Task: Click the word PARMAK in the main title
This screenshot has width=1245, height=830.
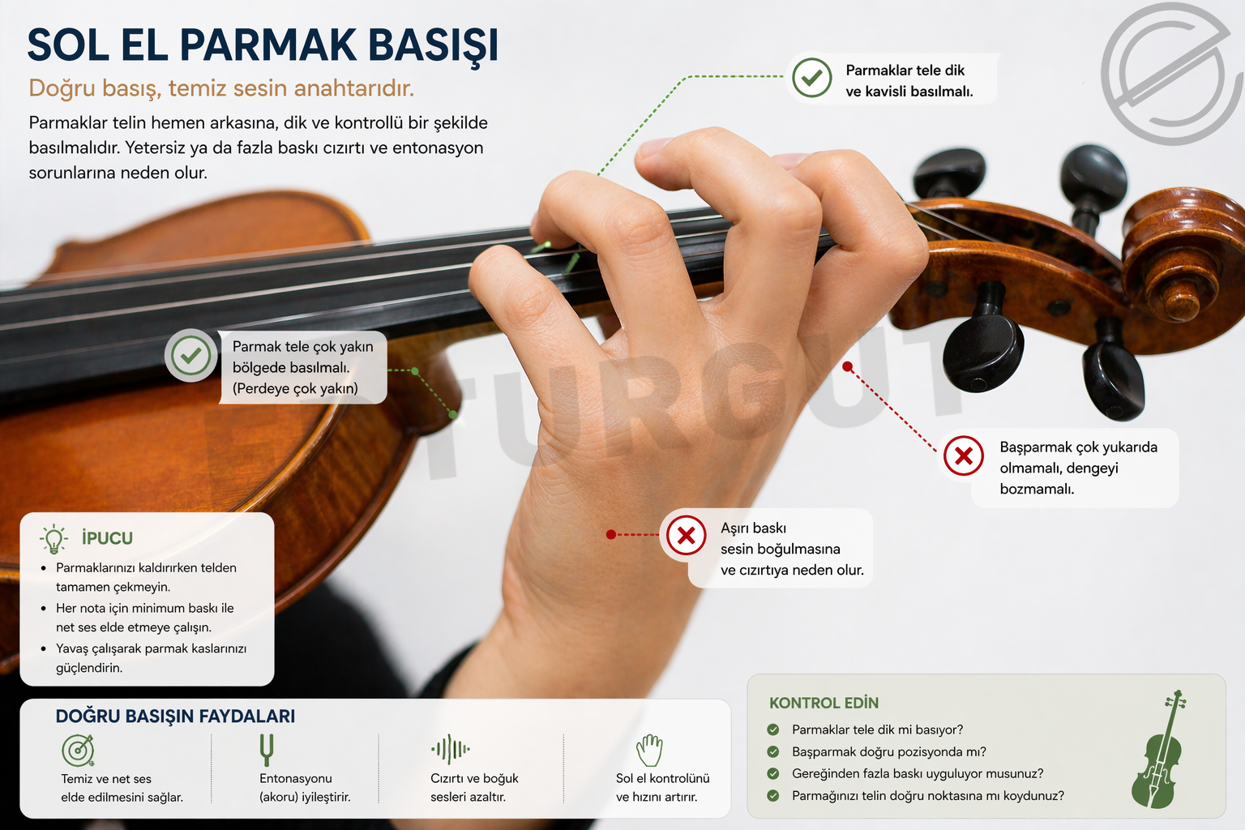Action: tap(268, 45)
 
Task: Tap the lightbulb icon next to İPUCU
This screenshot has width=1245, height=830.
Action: tap(53, 539)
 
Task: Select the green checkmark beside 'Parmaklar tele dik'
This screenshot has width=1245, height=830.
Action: tap(811, 78)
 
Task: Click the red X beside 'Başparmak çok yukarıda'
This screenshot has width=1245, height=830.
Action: tap(963, 456)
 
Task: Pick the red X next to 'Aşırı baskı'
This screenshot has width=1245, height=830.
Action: tap(686, 535)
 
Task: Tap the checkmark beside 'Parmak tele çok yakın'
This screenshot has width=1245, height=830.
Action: tap(190, 356)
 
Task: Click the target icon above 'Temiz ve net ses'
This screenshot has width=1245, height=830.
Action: tap(78, 751)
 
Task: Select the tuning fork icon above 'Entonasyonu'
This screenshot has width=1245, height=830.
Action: tap(267, 750)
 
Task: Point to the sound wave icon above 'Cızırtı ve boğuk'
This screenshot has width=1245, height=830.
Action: tap(450, 749)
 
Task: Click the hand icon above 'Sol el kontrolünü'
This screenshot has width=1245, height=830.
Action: tap(649, 751)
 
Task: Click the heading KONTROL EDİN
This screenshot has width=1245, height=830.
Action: tap(824, 704)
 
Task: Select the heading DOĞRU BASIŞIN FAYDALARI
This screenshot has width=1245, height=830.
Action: tap(175, 716)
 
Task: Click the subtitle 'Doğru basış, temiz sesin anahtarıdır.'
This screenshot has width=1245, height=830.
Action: tap(221, 88)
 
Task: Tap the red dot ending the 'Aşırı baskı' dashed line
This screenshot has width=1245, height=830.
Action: tap(611, 535)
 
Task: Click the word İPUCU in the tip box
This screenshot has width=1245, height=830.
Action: tap(107, 538)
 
